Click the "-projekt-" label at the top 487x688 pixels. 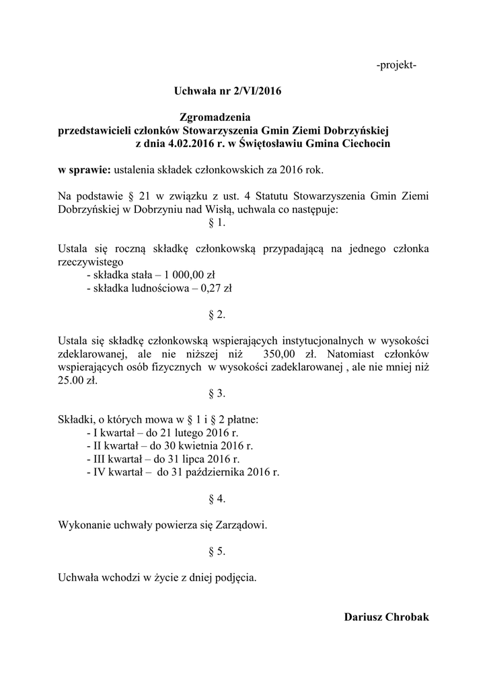coord(396,65)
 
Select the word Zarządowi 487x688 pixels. coord(238,524)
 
